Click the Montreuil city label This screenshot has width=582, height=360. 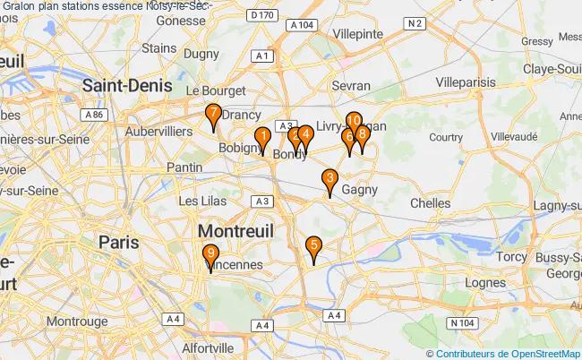coord(235,231)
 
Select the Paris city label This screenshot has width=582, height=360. coord(119,242)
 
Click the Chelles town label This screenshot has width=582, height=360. coord(430,203)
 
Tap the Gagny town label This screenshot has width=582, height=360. coord(359,190)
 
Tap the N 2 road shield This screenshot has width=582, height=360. coord(413,24)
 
